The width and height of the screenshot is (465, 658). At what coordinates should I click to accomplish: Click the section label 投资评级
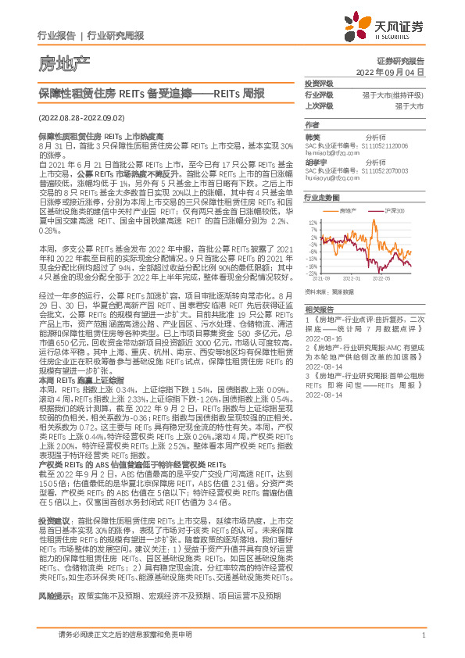319,83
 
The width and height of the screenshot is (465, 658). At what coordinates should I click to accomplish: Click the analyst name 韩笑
312,137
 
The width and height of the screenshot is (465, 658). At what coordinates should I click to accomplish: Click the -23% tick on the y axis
312,272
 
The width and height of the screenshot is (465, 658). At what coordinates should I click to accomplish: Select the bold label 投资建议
52,520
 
